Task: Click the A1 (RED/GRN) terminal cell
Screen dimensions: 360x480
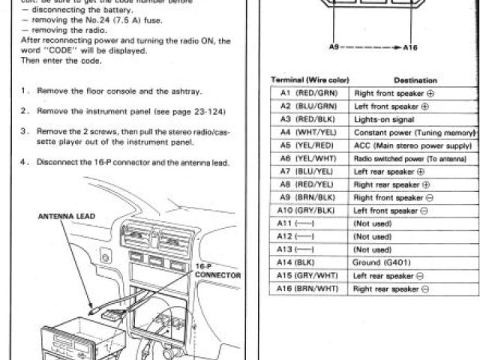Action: (308, 94)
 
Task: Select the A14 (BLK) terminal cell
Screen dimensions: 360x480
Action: (308, 262)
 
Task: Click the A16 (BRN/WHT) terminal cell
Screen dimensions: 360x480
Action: (308, 288)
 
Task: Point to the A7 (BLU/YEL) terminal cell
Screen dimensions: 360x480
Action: (308, 171)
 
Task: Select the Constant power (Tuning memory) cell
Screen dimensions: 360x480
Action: (413, 132)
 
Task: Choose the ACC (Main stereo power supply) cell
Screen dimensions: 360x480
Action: (413, 145)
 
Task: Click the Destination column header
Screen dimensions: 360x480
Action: (414, 80)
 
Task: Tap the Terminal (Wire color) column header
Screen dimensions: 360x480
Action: (310, 80)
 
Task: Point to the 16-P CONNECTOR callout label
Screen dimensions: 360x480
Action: (217, 271)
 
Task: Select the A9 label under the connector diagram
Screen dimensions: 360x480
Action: (334, 47)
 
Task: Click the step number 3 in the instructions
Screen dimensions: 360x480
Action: (25, 130)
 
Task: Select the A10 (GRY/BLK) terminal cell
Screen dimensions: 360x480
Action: (308, 211)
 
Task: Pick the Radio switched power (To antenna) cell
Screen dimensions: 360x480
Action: (413, 158)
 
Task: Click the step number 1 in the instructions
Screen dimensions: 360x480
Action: (25, 92)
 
